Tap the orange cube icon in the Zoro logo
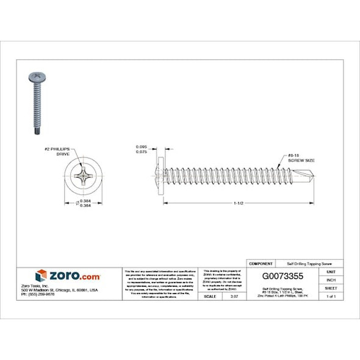pos(41,276)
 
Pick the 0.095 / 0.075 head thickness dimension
pos(141,149)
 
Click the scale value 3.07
pos(232,296)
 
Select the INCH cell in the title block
pos(331,279)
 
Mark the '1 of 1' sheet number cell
pos(331,296)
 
